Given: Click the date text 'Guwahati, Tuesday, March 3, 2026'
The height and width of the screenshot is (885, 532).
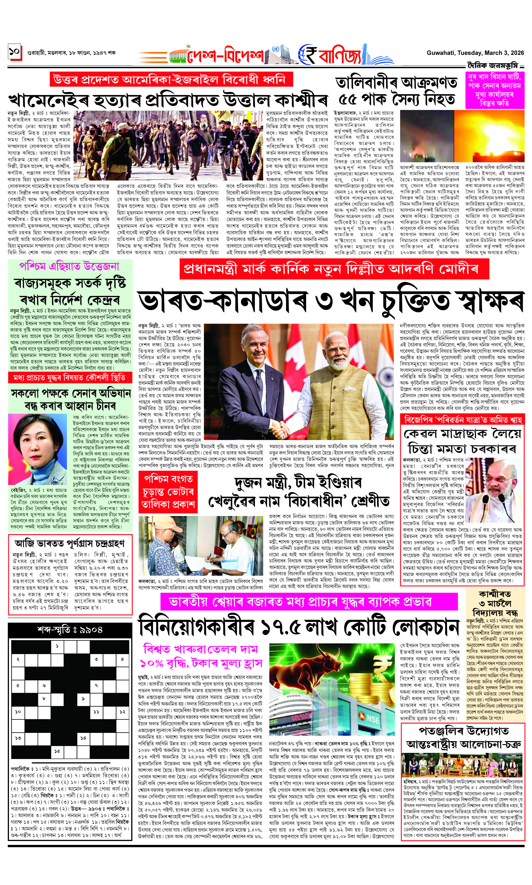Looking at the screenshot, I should pos(475,53).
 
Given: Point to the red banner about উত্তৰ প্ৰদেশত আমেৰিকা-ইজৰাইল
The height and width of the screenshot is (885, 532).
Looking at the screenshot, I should pos(171,79).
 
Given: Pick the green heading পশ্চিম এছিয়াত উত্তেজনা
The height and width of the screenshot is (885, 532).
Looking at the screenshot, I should pos(69,266).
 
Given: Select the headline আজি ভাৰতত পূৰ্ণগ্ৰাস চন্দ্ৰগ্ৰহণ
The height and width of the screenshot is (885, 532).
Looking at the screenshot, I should pos(70,543).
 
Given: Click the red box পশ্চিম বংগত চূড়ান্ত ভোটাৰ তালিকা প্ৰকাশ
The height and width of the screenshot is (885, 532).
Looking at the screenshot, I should pos(168,492).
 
